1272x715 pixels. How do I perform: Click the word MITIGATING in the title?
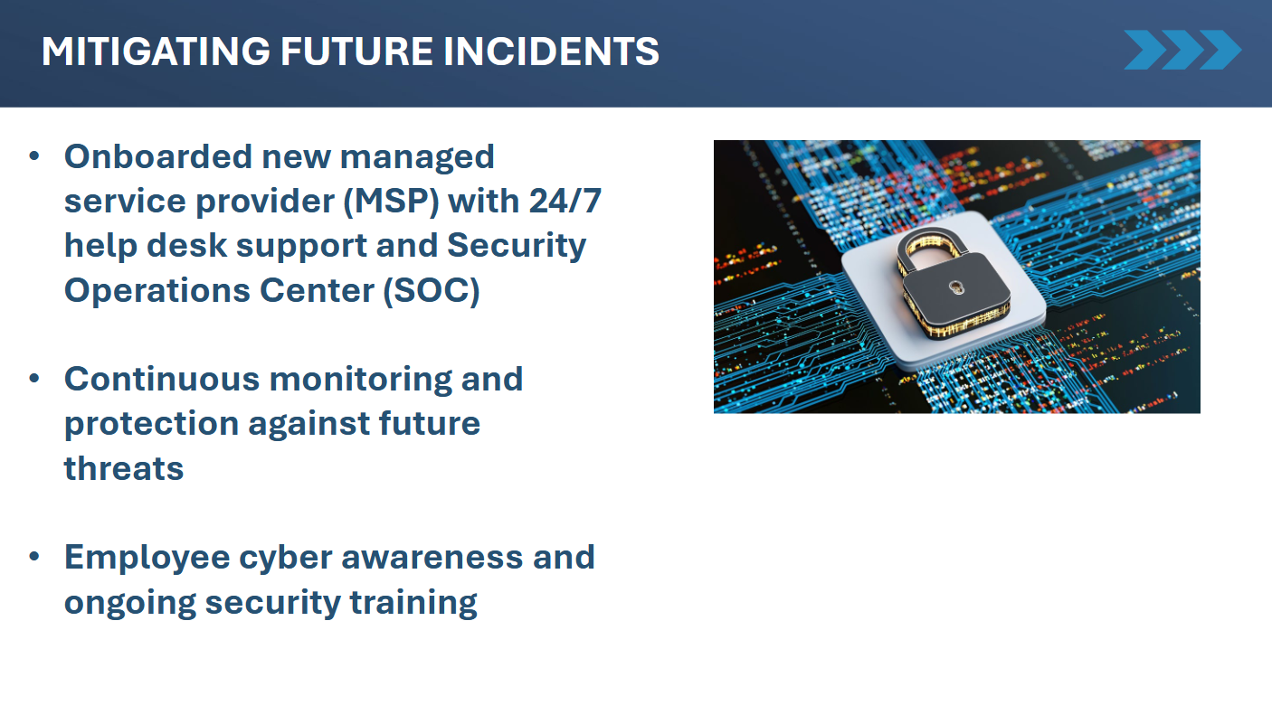point(156,52)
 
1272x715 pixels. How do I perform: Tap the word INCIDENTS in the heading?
point(551,52)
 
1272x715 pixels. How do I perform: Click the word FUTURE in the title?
point(356,52)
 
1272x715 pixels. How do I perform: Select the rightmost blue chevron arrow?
point(1221,50)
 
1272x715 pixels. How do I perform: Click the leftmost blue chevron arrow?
point(1145,50)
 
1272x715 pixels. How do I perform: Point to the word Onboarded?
point(157,156)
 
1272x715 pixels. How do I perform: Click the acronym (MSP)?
point(391,202)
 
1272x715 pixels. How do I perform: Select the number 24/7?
point(565,201)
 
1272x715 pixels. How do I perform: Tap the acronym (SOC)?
point(432,290)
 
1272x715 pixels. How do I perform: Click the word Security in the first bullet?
point(517,247)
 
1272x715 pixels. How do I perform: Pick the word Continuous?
point(162,379)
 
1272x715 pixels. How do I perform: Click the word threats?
point(124,469)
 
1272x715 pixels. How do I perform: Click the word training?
point(413,603)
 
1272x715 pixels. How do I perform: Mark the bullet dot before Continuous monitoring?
point(34,379)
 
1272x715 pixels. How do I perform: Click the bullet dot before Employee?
point(34,557)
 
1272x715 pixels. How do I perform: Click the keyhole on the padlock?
point(957,287)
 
